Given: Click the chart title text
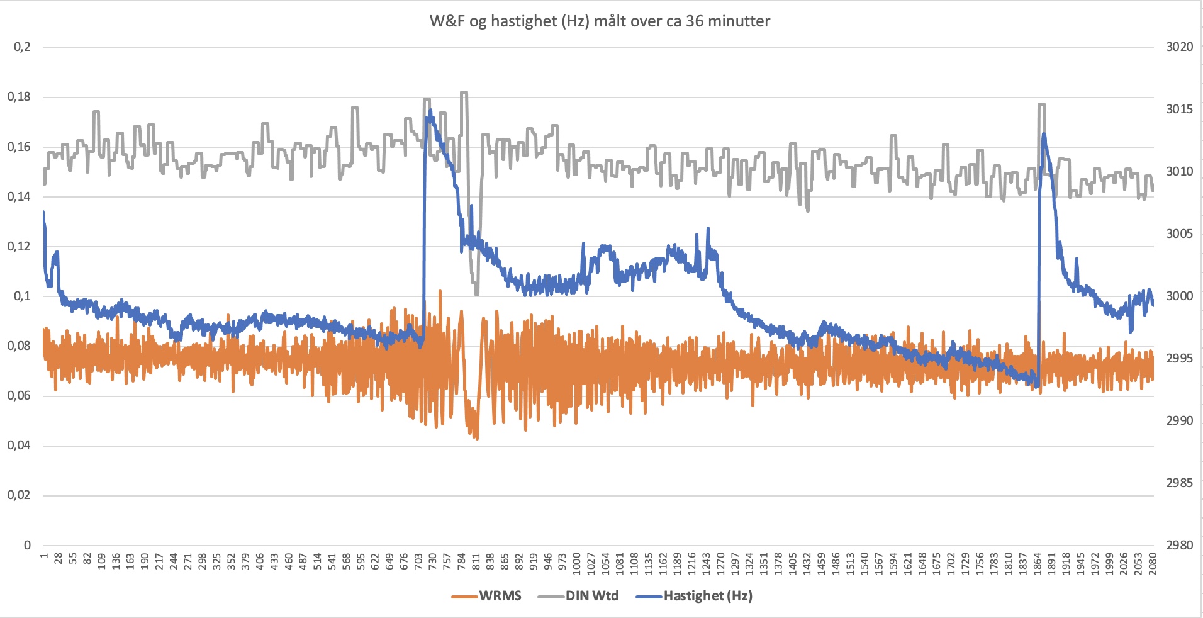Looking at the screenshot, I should click(x=600, y=21).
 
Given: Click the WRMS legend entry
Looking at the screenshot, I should click(x=500, y=596).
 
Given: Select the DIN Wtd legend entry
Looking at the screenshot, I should click(x=591, y=596).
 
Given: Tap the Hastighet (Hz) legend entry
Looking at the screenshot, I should click(x=707, y=596).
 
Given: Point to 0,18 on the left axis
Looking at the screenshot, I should click(x=19, y=97).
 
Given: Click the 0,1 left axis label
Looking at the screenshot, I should click(x=22, y=296).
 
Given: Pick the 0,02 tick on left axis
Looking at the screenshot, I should click(x=19, y=495).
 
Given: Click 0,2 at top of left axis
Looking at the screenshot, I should click(x=22, y=47).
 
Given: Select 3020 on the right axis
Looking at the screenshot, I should click(x=1179, y=47).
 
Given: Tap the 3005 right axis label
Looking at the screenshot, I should click(x=1179, y=234).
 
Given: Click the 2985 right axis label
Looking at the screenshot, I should click(x=1179, y=483).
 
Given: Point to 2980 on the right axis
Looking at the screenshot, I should click(x=1179, y=546).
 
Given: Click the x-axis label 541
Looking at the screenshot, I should click(x=332, y=561).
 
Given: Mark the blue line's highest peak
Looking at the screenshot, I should click(x=430, y=111).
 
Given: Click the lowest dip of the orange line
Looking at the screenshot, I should click(x=477, y=438).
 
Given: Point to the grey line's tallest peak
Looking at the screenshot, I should click(x=464, y=93).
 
